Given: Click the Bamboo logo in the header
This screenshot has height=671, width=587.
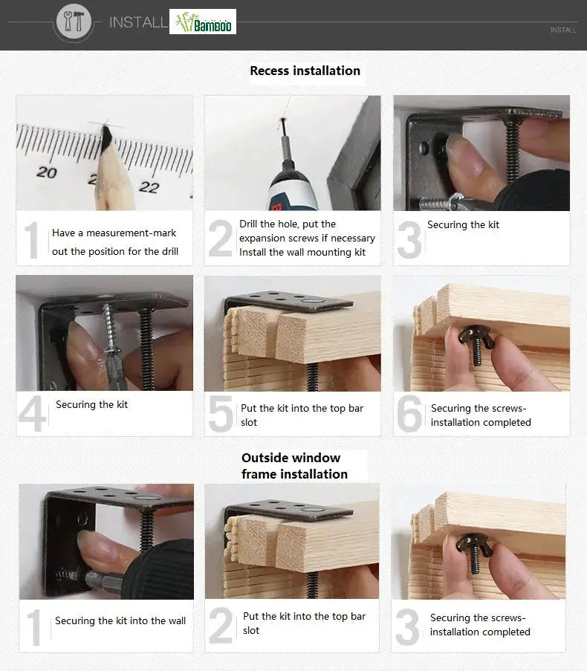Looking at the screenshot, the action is click(x=203, y=22).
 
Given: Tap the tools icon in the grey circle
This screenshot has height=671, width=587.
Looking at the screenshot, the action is click(x=74, y=21).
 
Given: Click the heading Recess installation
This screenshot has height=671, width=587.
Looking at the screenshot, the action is click(x=305, y=71).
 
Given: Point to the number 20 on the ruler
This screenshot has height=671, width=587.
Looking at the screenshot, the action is click(x=47, y=172).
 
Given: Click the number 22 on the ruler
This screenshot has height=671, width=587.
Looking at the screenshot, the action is click(x=149, y=187).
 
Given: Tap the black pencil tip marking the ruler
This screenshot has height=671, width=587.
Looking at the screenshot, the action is click(x=106, y=135).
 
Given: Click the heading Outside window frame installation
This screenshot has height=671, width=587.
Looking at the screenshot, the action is click(x=295, y=466).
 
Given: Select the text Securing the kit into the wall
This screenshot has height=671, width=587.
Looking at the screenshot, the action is click(x=120, y=620).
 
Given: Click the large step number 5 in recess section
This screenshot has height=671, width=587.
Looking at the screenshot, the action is click(x=221, y=414).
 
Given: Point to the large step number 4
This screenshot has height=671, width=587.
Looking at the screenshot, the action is click(x=33, y=413).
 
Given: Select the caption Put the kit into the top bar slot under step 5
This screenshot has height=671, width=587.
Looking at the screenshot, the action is click(x=302, y=415).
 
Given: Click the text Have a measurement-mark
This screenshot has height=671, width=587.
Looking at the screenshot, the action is click(x=114, y=233).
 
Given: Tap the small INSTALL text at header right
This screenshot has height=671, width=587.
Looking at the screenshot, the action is click(x=563, y=30).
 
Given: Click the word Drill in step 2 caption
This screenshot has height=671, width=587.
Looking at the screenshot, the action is click(x=248, y=224).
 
